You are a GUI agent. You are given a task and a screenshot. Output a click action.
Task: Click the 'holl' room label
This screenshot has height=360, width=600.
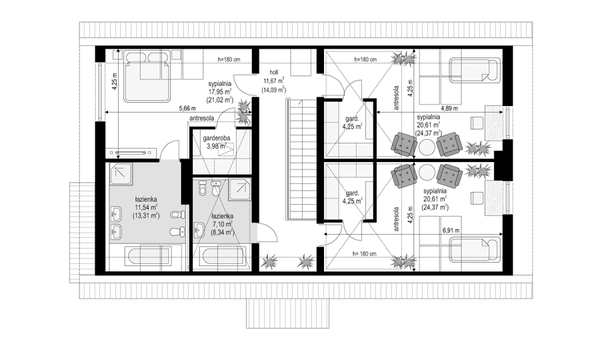pyautogui.click(x=273, y=72)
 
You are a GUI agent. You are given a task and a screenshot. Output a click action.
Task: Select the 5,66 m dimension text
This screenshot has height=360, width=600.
pyautogui.click(x=187, y=108)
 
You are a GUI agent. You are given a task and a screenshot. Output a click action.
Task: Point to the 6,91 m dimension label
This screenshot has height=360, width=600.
pyautogui.click(x=451, y=231)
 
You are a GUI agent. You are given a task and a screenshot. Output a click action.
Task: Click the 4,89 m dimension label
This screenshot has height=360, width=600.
pyautogui.click(x=449, y=108)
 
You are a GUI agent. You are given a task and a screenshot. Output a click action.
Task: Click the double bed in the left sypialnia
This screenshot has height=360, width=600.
pyautogui.click(x=147, y=76)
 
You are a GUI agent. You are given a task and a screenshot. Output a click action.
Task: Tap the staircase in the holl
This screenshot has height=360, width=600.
pyautogui.click(x=301, y=159)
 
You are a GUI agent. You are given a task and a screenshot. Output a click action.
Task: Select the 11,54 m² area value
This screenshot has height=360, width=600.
pyautogui.click(x=146, y=207)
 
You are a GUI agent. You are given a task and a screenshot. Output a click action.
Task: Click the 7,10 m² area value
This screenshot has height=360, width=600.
pyautogui.click(x=221, y=224)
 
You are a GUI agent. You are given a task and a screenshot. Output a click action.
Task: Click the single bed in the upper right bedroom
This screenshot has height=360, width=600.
pyautogui.click(x=475, y=70)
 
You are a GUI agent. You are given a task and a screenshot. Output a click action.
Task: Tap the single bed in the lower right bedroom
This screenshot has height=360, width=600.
pyautogui.click(x=475, y=250)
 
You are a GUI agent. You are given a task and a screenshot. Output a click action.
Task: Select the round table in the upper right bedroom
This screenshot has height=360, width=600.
pyautogui.click(x=427, y=146)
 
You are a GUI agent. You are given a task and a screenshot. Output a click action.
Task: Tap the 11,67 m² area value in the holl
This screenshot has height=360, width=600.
pyautogui.click(x=273, y=81)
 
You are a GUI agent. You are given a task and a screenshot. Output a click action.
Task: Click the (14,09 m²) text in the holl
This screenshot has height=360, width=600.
pyautogui.click(x=274, y=90)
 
